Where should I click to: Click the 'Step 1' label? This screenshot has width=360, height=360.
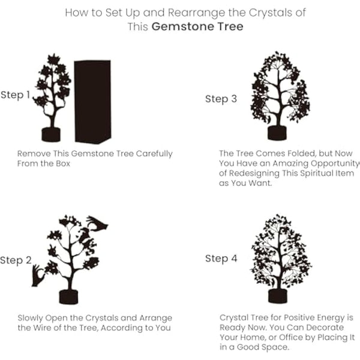point(15,95)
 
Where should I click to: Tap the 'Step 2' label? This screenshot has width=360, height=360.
point(15,260)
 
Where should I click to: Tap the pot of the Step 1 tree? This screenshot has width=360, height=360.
point(51,134)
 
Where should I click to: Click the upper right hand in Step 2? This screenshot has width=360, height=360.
point(97,223)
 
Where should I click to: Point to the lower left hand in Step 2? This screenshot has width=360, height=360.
point(38,275)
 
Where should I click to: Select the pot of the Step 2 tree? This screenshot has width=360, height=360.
point(69,296)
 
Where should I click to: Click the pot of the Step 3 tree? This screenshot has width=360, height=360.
point(277,133)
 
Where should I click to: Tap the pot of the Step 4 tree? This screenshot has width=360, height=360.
point(277,295)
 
